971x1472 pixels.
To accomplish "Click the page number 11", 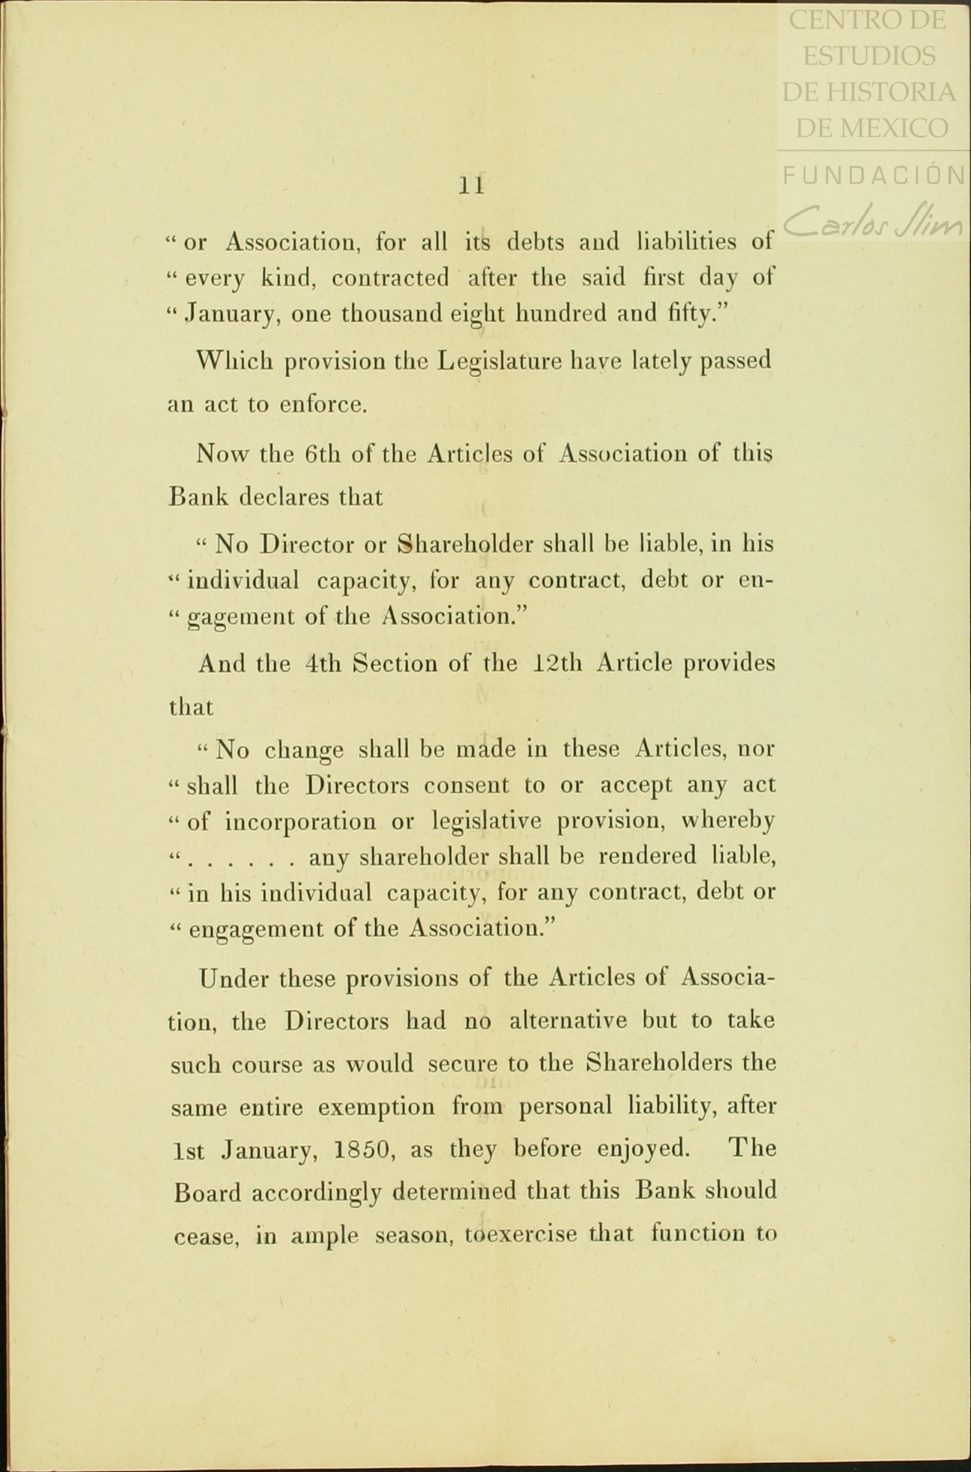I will (x=471, y=185).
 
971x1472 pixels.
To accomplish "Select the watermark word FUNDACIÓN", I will (x=874, y=175).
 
